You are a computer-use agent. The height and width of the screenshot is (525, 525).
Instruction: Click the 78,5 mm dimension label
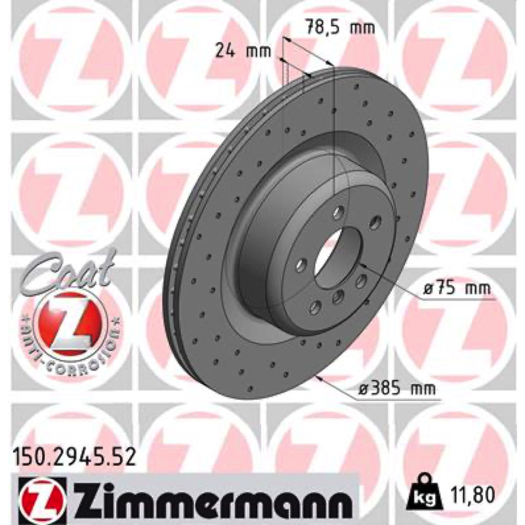point(341,28)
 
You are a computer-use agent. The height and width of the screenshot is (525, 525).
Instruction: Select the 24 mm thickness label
point(243,51)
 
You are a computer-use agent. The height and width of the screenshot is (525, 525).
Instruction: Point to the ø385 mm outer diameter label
point(398,388)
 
